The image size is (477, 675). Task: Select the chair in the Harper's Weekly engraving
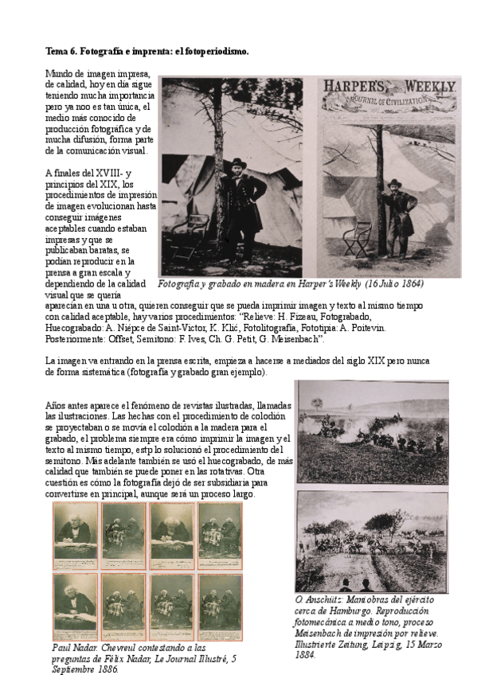(x=357, y=235)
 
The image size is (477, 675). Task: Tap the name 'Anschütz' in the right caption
(x=330, y=599)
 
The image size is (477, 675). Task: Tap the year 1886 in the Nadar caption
(x=104, y=670)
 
